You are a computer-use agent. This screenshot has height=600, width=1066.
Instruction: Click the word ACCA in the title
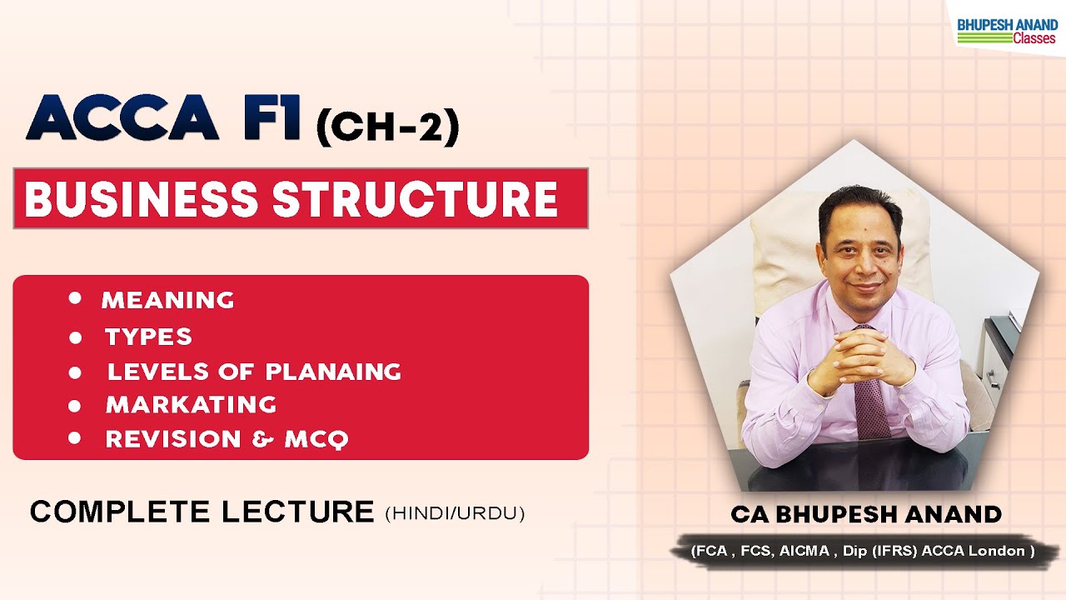click(122, 117)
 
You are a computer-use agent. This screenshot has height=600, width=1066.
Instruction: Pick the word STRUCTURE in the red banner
click(415, 199)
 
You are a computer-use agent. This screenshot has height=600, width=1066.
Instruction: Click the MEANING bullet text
click(167, 300)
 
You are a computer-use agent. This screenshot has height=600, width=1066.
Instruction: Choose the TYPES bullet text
click(148, 337)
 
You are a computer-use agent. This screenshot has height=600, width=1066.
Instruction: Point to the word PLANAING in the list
click(333, 372)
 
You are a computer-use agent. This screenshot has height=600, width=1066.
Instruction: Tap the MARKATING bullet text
click(191, 405)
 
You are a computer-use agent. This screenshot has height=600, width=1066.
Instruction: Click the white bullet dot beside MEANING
click(76, 298)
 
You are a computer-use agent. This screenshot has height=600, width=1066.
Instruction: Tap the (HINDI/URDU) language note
click(455, 514)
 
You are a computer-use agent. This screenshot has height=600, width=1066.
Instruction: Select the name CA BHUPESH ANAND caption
click(866, 515)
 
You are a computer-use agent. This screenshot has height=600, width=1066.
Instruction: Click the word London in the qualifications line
click(998, 551)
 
